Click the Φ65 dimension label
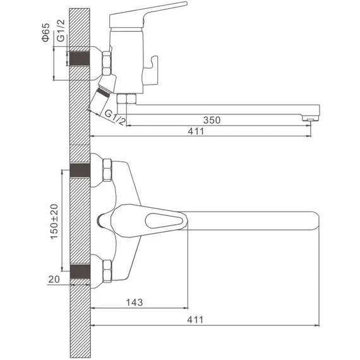click(45, 32)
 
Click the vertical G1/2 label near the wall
click(61, 31)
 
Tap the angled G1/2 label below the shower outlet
click(115, 117)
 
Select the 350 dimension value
click(212, 120)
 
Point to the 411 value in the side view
click(196, 131)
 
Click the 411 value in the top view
click(195, 320)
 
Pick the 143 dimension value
click(135, 303)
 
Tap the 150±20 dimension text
click(54, 221)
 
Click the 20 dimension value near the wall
click(54, 279)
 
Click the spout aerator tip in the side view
click(310, 119)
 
